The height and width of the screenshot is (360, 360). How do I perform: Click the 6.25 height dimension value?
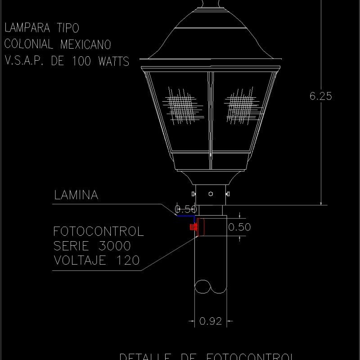pyautogui.click(x=321, y=96)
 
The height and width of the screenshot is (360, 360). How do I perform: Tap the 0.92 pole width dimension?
pyautogui.click(x=210, y=321)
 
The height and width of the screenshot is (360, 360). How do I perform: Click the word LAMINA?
pyautogui.click(x=76, y=195)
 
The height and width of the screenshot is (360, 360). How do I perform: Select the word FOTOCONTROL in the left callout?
pyautogui.click(x=99, y=232)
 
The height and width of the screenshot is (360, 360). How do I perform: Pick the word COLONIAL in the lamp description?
pyautogui.click(x=26, y=44)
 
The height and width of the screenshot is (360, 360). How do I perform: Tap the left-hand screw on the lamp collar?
pyautogui.click(x=193, y=194)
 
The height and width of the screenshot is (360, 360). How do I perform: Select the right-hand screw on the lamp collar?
pyautogui.click(x=228, y=194)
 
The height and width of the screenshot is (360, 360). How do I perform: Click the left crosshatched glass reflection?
pyautogui.click(x=184, y=107)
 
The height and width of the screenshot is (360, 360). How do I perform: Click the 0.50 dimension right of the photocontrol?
pyautogui.click(x=239, y=227)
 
